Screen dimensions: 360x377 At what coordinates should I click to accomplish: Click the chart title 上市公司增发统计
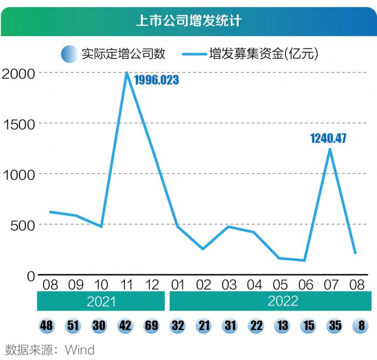pos(188,21)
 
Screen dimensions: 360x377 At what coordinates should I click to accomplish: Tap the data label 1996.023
pos(156,81)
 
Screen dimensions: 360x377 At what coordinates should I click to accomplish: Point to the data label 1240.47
pos(328,139)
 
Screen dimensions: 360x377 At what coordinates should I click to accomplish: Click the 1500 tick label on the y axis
pos(18,123)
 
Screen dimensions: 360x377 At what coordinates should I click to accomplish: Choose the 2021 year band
pos(101,301)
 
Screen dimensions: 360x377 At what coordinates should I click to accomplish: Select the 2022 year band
pos(270,301)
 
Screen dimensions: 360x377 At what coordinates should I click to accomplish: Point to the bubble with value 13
pos(281,326)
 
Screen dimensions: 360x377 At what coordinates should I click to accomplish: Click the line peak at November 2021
pos(127,73)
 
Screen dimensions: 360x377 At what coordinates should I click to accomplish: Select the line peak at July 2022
pos(330,149)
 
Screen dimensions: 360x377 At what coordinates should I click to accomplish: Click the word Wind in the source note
pos(80,350)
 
